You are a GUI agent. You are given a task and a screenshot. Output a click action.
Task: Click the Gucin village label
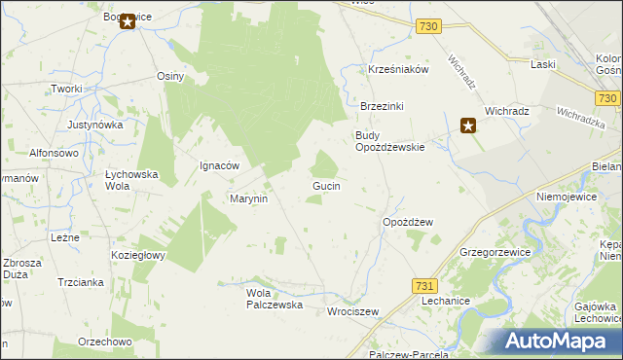click(325, 185)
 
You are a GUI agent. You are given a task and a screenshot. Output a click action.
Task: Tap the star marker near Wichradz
click(468, 125)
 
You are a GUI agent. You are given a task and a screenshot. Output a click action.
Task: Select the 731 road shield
click(423, 285)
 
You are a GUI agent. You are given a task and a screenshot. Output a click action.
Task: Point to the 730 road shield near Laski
click(607, 98)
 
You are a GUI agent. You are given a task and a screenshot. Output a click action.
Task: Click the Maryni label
click(248, 198)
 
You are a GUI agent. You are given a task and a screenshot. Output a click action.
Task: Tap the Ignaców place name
click(219, 165)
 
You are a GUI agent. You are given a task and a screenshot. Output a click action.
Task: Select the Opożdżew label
click(407, 222)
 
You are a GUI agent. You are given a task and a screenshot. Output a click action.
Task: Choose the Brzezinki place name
click(382, 106)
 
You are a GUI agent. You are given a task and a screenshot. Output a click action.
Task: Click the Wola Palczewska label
click(275, 299)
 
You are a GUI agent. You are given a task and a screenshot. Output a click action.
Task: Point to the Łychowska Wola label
click(130, 179)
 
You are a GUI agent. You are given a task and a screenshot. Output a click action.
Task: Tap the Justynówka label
click(95, 125)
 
